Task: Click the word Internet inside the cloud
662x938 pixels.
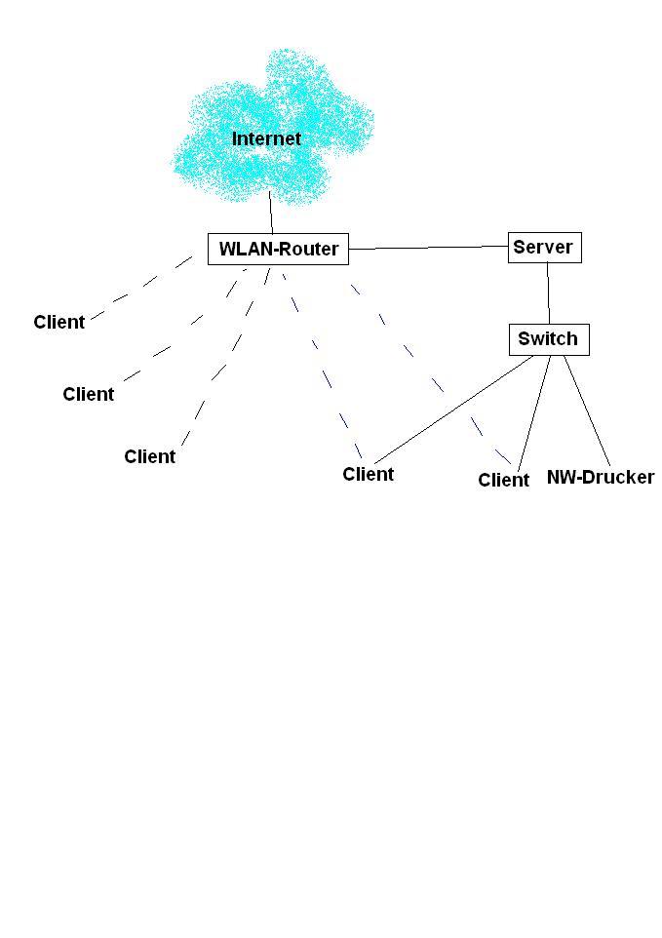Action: point(266,139)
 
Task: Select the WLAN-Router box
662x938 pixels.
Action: point(278,249)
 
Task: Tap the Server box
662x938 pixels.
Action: point(543,248)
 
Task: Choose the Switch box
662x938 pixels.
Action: point(548,339)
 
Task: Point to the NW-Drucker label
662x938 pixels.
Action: point(600,478)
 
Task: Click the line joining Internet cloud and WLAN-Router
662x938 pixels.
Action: point(271,212)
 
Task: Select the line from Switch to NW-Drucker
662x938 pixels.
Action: point(587,410)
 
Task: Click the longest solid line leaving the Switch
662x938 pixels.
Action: point(454,409)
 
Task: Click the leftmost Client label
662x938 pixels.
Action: point(58,323)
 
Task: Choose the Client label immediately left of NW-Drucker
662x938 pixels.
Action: point(503,480)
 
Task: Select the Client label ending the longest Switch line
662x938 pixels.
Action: point(368,474)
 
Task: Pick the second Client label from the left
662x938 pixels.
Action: point(88,394)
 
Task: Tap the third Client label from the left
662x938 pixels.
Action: point(149,456)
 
